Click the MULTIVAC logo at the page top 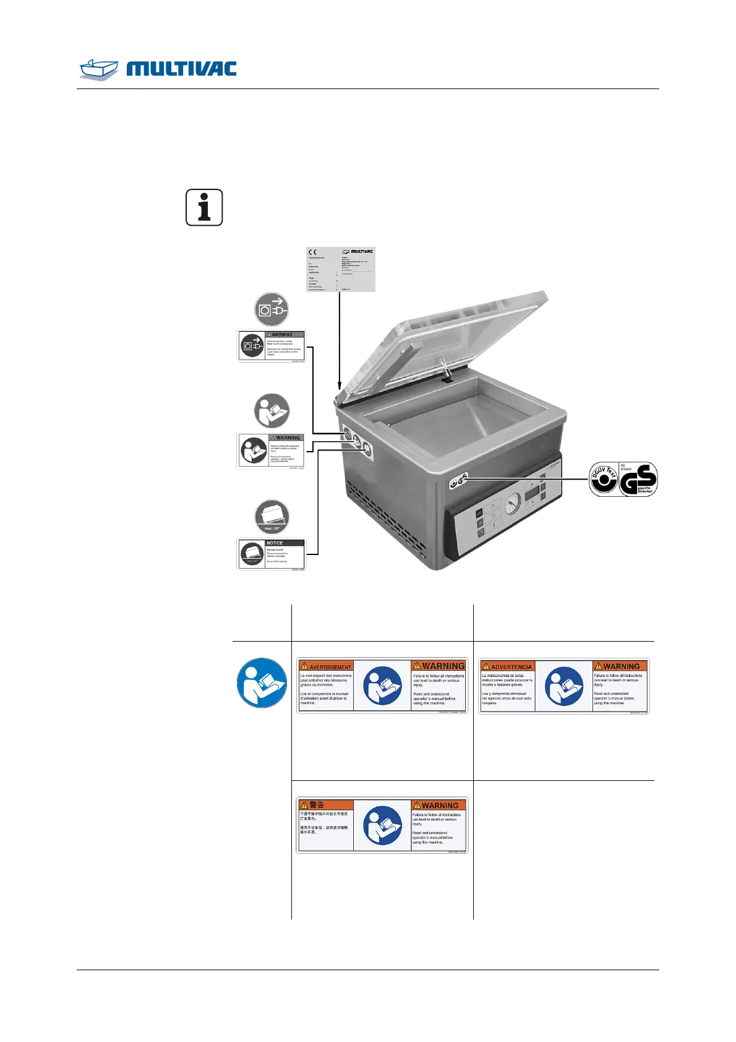tap(158, 68)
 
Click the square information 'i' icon tap(204, 207)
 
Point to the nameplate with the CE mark tap(341, 269)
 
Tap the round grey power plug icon tap(272, 309)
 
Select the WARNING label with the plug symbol tap(272, 346)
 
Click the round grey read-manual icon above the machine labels tap(272, 411)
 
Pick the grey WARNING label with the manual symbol tap(272, 450)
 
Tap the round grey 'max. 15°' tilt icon tap(272, 517)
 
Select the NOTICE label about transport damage tap(272, 554)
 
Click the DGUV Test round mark tap(604, 480)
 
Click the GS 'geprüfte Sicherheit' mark tap(638, 480)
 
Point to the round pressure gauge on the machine tap(513, 505)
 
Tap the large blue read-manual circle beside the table tap(262, 683)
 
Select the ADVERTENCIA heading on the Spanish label tap(507, 666)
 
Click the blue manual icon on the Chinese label tap(383, 825)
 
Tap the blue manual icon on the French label tap(383, 686)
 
